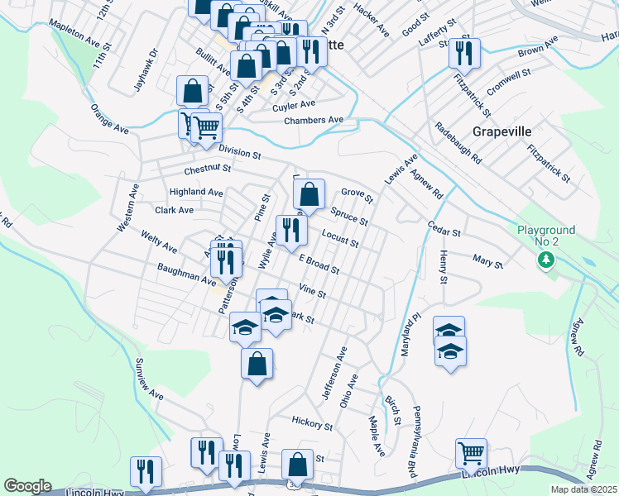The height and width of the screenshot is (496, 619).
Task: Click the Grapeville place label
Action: pos(501,131)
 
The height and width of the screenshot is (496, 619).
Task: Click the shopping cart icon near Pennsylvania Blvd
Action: pos(471,452)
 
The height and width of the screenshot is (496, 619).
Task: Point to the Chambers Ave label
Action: pos(313,120)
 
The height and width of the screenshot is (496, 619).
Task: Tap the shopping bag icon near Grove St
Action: pos(309,195)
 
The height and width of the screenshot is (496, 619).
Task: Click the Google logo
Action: pos(27,486)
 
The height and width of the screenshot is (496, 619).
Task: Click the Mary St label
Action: pos(487,264)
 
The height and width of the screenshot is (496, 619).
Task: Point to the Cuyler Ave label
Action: pos(294,105)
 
